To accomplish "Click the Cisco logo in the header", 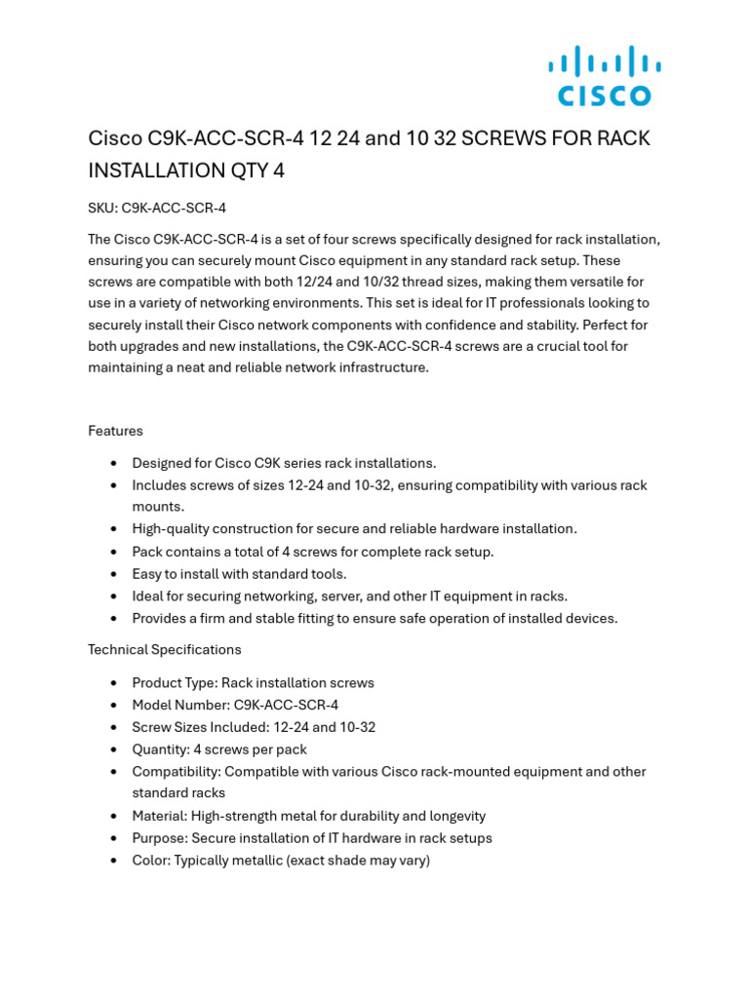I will (x=605, y=75).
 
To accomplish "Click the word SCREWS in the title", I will (x=504, y=138).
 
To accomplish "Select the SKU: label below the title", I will (x=102, y=208).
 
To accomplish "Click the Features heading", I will (x=115, y=431).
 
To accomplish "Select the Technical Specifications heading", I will (x=164, y=649).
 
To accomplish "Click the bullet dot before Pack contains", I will (x=115, y=552).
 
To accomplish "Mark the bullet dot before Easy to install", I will (x=115, y=574).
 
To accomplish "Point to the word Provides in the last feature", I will (x=159, y=619).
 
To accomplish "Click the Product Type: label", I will (x=175, y=683).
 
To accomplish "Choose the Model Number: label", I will (x=180, y=705).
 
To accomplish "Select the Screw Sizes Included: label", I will (x=200, y=727).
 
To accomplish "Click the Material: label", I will (x=160, y=816).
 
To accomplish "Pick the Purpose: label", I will (x=160, y=838).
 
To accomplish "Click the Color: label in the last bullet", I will (x=151, y=861).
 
